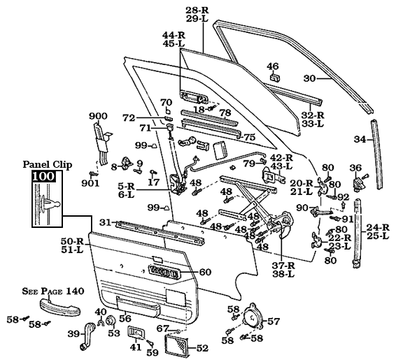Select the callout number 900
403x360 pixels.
click(x=98, y=115)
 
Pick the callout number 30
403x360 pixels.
click(x=310, y=78)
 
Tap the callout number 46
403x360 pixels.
click(x=273, y=66)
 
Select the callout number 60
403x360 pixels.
click(x=205, y=272)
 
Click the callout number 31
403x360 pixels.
click(x=104, y=222)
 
